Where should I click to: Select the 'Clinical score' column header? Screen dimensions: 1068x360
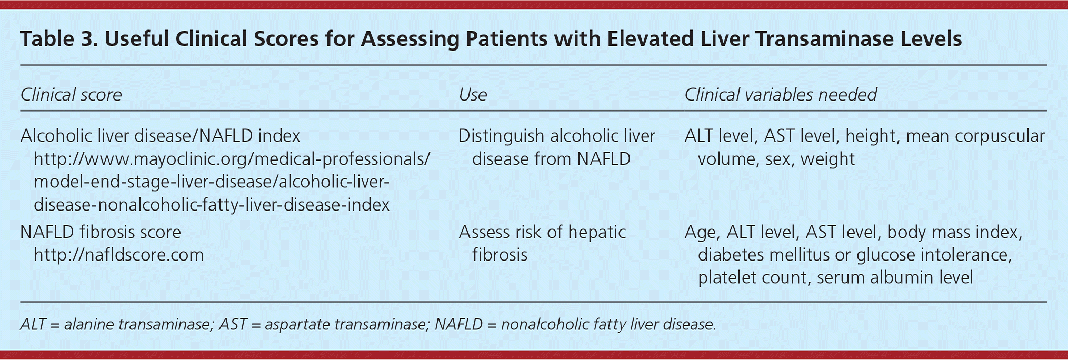pos(71,95)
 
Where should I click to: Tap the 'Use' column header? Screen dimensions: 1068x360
pos(473,95)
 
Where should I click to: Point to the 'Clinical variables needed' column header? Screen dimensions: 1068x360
pos(781,95)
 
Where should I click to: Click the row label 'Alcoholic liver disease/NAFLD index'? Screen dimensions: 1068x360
pos(160,136)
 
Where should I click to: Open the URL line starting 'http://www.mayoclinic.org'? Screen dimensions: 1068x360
pos(232,159)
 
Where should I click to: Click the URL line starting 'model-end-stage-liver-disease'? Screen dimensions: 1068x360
pos(212,182)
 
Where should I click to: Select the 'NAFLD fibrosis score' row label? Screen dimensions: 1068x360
pos(101,232)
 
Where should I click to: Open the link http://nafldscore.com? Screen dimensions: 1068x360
pos(118,255)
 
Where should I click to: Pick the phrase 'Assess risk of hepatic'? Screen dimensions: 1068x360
pos(542,232)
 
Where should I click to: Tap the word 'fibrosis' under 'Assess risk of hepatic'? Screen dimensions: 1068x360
pos(500,255)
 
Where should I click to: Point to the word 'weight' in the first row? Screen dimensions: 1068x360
pos(827,159)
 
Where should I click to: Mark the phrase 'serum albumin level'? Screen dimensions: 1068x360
pos(895,278)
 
